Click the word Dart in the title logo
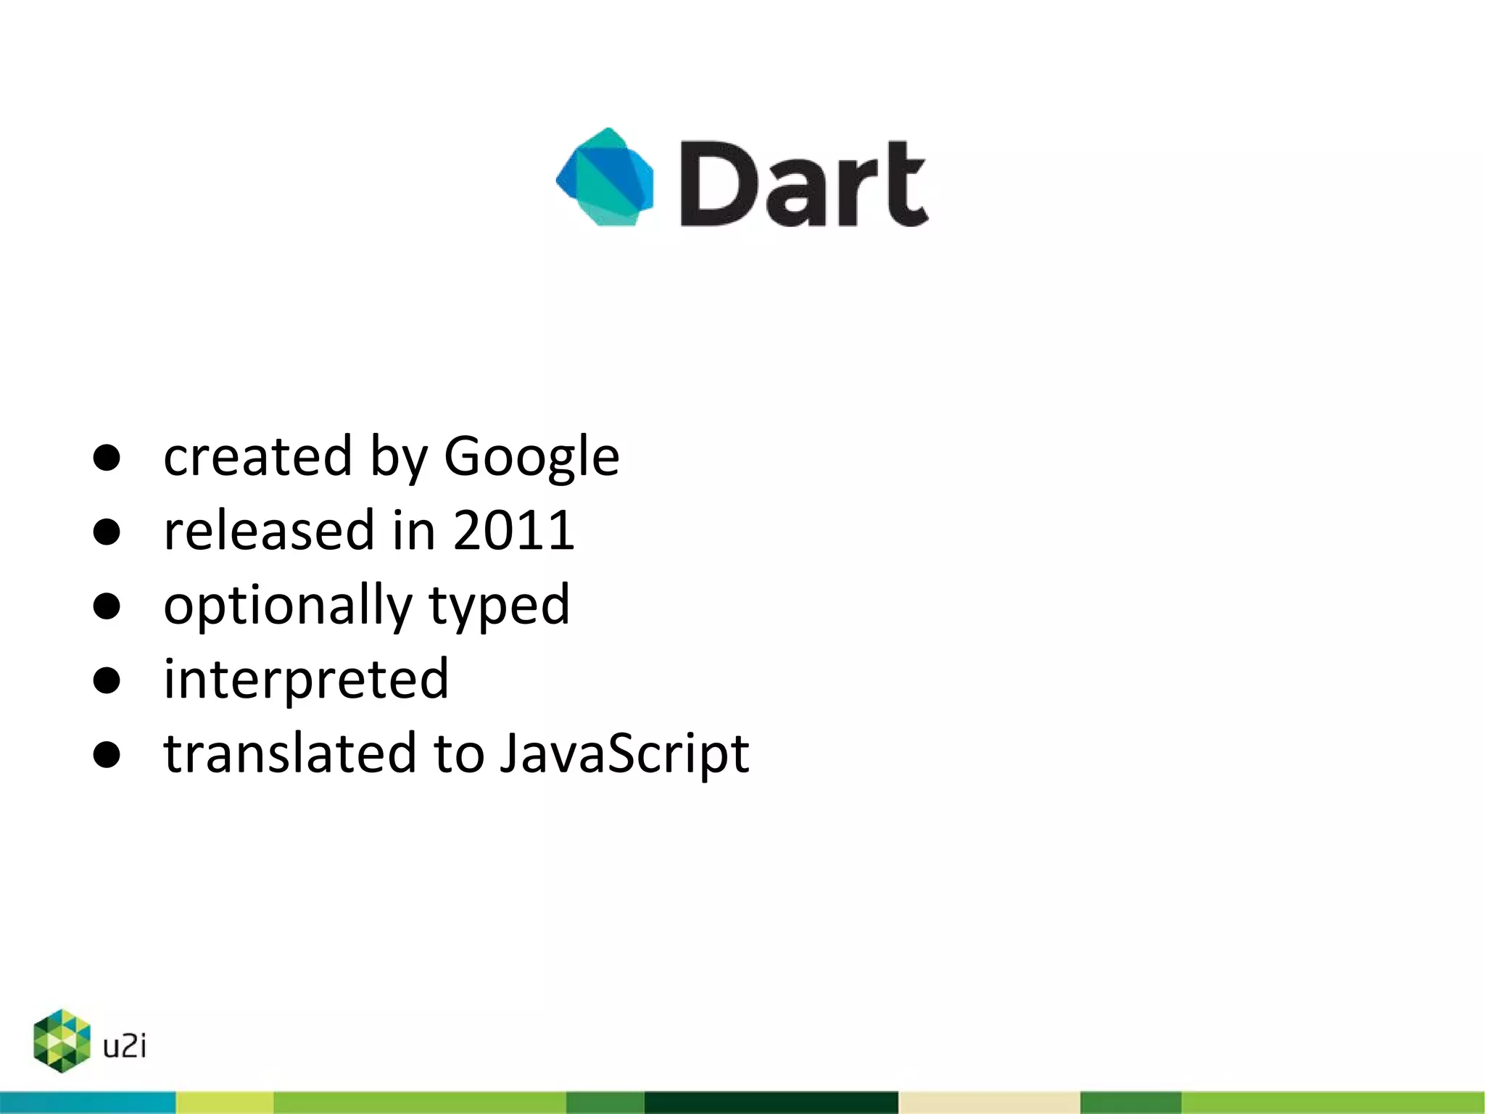(x=803, y=183)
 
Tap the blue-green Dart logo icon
(x=605, y=178)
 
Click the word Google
(x=531, y=457)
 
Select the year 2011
(x=513, y=530)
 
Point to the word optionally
(x=287, y=606)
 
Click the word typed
(x=499, y=606)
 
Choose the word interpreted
(x=306, y=680)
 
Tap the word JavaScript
(x=624, y=754)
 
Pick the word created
(x=257, y=457)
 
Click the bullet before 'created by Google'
(x=107, y=458)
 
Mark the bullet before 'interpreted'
(x=107, y=680)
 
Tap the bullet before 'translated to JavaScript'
(x=107, y=755)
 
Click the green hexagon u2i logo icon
(x=62, y=1041)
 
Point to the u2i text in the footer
(x=125, y=1046)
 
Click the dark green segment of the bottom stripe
(x=771, y=1102)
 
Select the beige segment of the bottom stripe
(x=988, y=1102)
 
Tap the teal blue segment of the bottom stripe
(x=87, y=1102)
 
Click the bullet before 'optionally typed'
(x=107, y=606)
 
